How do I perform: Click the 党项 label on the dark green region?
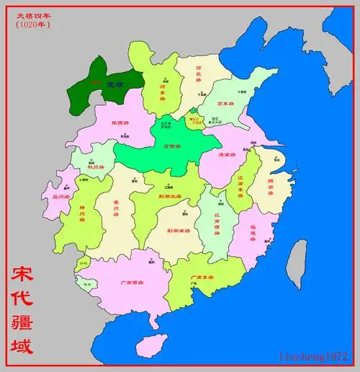[109, 85]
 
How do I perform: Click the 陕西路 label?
[120, 123]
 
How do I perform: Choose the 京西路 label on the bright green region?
[173, 146]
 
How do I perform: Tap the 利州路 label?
[96, 167]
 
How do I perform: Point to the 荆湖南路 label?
[178, 231]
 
